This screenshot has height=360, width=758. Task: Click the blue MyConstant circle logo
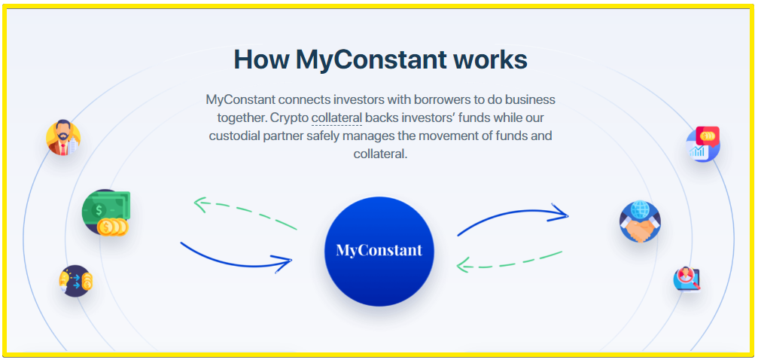pos(379,251)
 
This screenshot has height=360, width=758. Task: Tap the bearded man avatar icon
pos(63,138)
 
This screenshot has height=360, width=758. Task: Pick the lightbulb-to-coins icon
pos(76,281)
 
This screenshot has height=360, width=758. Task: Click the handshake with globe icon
pos(640,221)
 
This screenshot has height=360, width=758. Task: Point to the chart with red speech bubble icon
pos(703,144)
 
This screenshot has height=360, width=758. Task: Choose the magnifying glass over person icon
pos(686,279)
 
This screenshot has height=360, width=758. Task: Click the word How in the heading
pos(261,59)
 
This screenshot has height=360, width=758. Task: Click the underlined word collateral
pos(337,118)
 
